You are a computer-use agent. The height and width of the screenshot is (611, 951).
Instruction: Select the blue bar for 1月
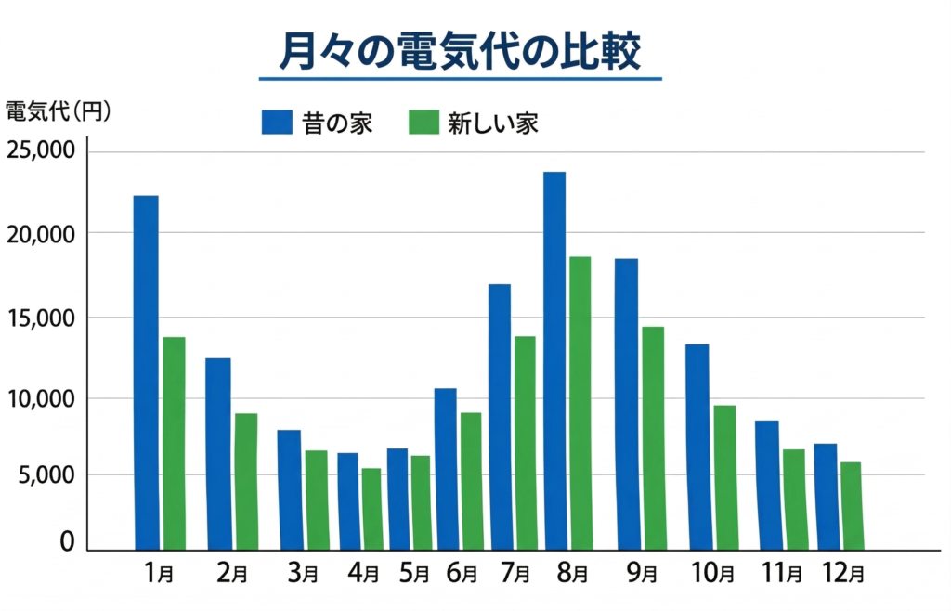(x=146, y=371)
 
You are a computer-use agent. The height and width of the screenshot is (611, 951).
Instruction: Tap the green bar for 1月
(x=174, y=443)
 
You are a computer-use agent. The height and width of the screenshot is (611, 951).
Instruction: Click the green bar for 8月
(x=580, y=403)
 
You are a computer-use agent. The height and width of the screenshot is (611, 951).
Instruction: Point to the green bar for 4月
(x=371, y=509)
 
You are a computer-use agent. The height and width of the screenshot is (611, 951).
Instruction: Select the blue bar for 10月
(x=698, y=447)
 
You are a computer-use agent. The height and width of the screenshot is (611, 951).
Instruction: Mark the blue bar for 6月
(x=446, y=469)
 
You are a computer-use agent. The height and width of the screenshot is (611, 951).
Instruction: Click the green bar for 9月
(x=654, y=437)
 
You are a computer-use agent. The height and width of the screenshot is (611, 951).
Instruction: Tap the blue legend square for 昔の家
(x=277, y=123)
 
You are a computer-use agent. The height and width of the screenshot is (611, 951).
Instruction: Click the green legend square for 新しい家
(x=423, y=123)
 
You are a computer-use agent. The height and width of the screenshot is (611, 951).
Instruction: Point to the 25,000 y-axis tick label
(x=41, y=150)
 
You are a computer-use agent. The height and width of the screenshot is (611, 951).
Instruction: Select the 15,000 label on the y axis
(x=41, y=318)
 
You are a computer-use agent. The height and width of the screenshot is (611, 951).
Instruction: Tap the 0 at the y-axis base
(x=67, y=541)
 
